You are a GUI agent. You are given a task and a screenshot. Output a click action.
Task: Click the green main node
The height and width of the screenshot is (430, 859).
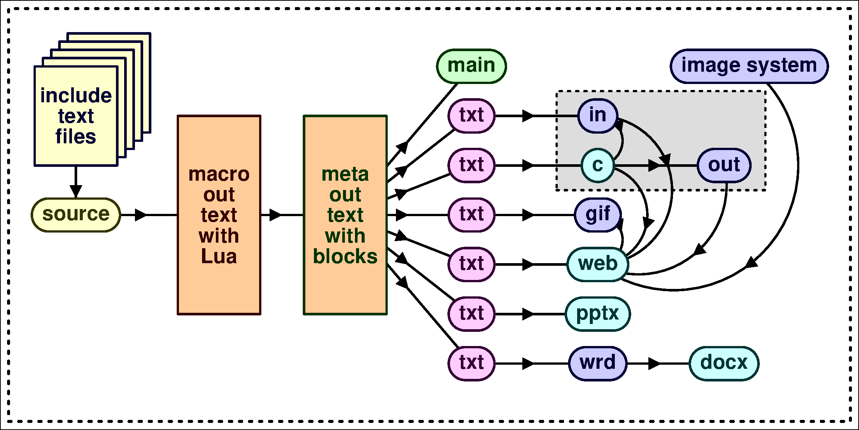click(471, 66)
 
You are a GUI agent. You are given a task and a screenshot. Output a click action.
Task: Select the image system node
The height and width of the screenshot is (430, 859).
click(749, 66)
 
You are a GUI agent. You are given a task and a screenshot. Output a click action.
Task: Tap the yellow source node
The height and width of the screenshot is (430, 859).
click(76, 215)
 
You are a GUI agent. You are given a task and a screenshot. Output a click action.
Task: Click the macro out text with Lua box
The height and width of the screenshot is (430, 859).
click(219, 215)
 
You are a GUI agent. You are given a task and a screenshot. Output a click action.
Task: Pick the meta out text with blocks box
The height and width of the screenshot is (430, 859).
click(345, 215)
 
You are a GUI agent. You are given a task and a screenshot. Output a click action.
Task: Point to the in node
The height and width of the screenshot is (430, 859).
click(598, 116)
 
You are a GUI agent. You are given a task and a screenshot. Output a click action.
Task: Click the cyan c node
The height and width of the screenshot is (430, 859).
click(598, 165)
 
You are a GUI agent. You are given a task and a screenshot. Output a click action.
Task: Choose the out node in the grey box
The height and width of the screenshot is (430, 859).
click(724, 165)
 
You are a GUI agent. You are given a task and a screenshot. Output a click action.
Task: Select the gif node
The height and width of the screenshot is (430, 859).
click(598, 215)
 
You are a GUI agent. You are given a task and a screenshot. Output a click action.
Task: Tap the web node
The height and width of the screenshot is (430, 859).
click(598, 264)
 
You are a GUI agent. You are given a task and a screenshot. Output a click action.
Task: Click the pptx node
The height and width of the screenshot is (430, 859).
click(598, 314)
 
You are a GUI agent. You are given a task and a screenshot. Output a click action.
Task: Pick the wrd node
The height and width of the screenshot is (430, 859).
click(598, 363)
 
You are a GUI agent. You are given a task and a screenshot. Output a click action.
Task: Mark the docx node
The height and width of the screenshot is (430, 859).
click(724, 363)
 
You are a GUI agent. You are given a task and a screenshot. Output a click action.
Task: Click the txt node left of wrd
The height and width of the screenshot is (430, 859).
click(471, 363)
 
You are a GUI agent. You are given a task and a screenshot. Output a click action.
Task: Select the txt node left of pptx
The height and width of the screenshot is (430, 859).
click(471, 314)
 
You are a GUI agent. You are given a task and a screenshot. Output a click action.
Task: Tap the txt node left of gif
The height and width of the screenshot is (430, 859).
click(471, 215)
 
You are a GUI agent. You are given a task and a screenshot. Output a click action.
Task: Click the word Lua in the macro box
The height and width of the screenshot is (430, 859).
click(219, 257)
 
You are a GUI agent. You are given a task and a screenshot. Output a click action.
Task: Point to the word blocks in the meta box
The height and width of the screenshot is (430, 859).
click(345, 257)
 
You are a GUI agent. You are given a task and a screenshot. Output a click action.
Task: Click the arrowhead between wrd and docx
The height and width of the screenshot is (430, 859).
click(654, 363)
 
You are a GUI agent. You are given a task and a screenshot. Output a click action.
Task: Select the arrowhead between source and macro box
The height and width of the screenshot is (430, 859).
click(141, 215)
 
